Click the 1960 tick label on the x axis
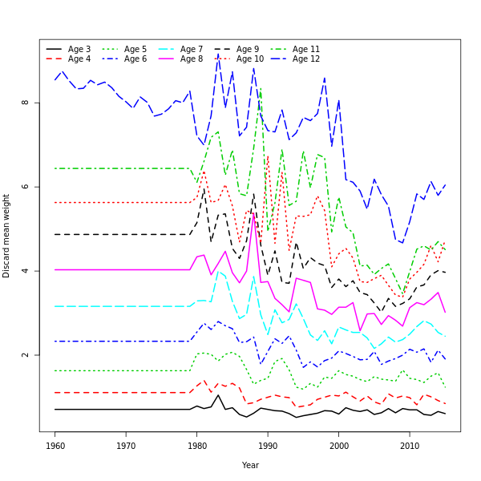55,445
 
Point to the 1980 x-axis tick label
197,445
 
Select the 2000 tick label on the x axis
339,445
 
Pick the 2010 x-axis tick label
410,445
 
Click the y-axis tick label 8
26,103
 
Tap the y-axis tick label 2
26,355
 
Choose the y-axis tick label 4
26,271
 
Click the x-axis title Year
250,465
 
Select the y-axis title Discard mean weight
7,236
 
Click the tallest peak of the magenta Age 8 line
254,213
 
